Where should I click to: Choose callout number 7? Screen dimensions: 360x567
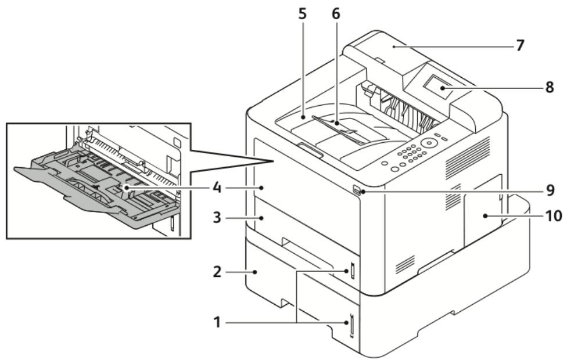(520, 45)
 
